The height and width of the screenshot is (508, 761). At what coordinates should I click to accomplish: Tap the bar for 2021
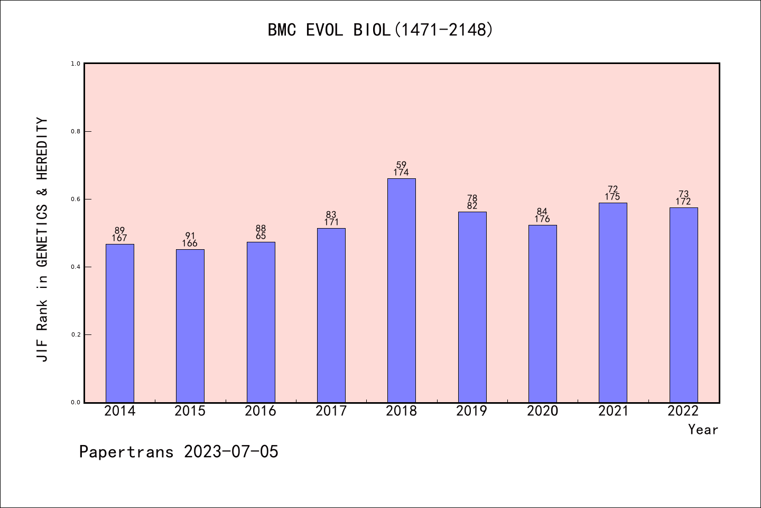pos(612,302)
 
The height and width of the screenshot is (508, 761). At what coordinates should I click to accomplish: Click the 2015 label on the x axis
pos(190,411)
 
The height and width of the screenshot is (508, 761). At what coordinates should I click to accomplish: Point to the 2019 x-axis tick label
pos(472,411)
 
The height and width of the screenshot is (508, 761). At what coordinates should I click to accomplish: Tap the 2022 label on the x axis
pos(683,411)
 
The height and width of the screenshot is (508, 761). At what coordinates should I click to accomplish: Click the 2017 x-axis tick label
pos(331,411)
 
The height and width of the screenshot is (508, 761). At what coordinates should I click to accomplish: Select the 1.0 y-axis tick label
pos(75,63)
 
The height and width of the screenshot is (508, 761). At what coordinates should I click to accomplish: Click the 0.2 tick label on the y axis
pos(75,334)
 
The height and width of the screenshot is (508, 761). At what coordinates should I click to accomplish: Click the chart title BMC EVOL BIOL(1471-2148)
pos(380,30)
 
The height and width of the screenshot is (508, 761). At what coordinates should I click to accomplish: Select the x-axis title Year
pos(703,430)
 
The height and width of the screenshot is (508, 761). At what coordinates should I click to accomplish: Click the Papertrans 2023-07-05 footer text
pos(179,452)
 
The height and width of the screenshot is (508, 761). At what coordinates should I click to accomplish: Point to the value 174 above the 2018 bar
pos(401,173)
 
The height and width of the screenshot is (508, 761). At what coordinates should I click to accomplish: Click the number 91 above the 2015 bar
pos(190,236)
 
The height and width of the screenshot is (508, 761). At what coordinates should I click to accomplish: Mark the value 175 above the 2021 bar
pos(612,197)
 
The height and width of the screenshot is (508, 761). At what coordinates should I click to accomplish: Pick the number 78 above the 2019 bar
pos(472,198)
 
